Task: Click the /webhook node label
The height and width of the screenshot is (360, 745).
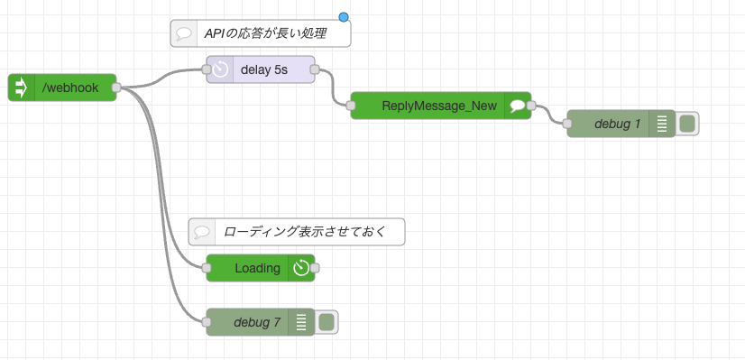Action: click(70, 88)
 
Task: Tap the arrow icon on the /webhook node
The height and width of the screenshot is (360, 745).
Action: click(22, 88)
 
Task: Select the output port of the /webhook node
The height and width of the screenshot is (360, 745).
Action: click(116, 88)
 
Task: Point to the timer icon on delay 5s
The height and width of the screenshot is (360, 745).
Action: click(220, 69)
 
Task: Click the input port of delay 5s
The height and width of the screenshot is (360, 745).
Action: click(207, 69)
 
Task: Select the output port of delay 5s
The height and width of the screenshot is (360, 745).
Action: click(315, 69)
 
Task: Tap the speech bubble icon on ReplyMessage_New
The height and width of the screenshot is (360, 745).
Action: click(517, 106)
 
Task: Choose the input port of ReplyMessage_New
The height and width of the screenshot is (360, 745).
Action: click(351, 106)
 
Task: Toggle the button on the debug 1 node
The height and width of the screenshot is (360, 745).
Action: click(687, 124)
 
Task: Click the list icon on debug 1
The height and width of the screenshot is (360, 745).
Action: click(661, 124)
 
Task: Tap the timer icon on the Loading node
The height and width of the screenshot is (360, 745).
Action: click(301, 268)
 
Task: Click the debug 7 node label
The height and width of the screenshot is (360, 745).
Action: click(256, 322)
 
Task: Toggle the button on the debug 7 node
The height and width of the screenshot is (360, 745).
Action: click(327, 322)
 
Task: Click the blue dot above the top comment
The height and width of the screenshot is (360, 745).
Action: click(344, 16)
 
